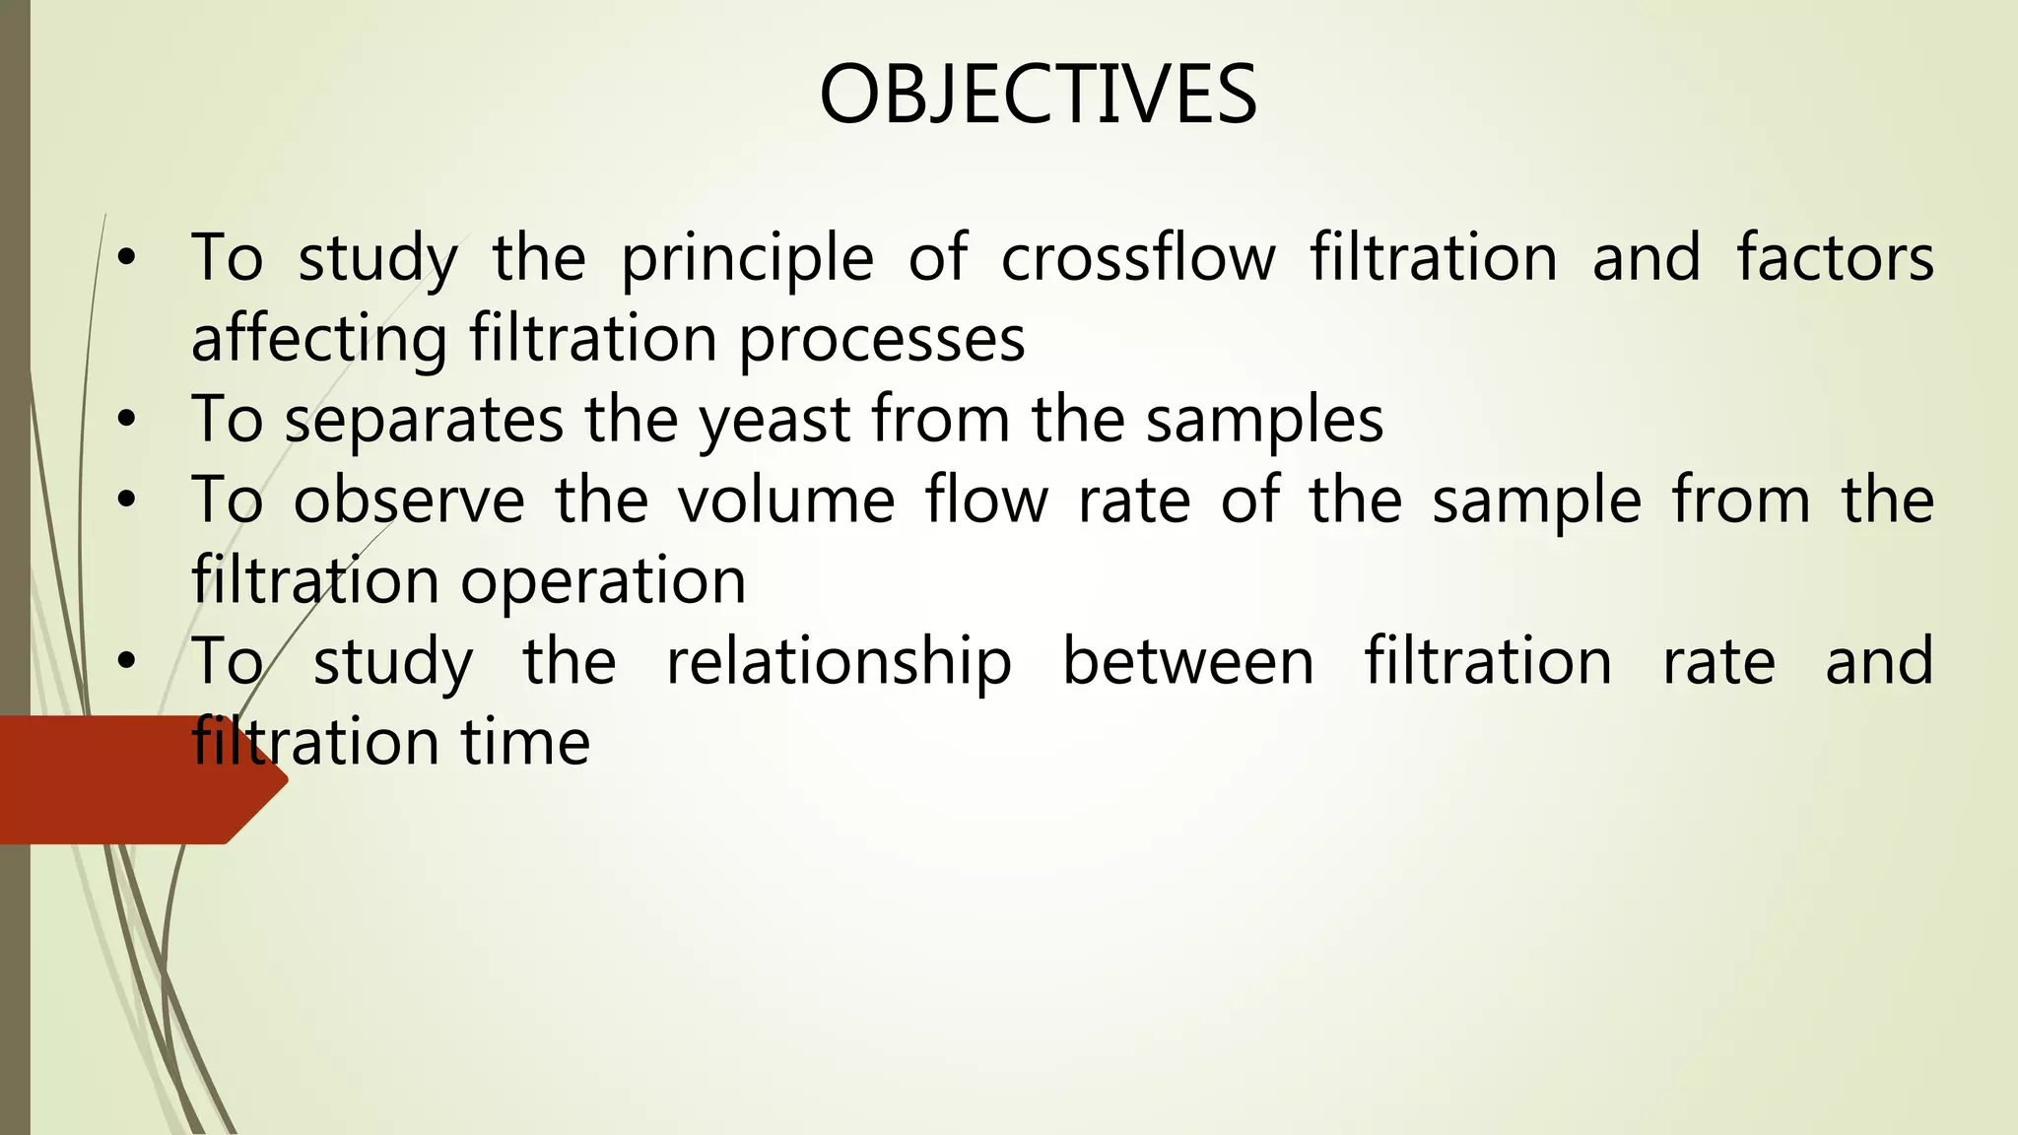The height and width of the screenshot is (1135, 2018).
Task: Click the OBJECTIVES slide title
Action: (x=1038, y=95)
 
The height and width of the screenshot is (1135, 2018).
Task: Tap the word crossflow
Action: (x=1138, y=258)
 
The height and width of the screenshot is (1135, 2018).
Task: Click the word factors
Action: (x=1835, y=258)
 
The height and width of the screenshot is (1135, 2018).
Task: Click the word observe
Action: (x=409, y=501)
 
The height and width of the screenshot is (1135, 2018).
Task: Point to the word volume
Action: (x=786, y=501)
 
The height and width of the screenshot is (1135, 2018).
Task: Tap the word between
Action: (x=1188, y=662)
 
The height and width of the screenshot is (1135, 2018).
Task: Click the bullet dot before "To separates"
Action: (x=125, y=421)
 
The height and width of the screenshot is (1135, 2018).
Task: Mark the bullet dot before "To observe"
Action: (x=125, y=501)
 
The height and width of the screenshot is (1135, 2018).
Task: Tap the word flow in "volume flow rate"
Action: (x=987, y=501)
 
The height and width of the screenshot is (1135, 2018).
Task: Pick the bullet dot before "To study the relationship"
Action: (x=125, y=663)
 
